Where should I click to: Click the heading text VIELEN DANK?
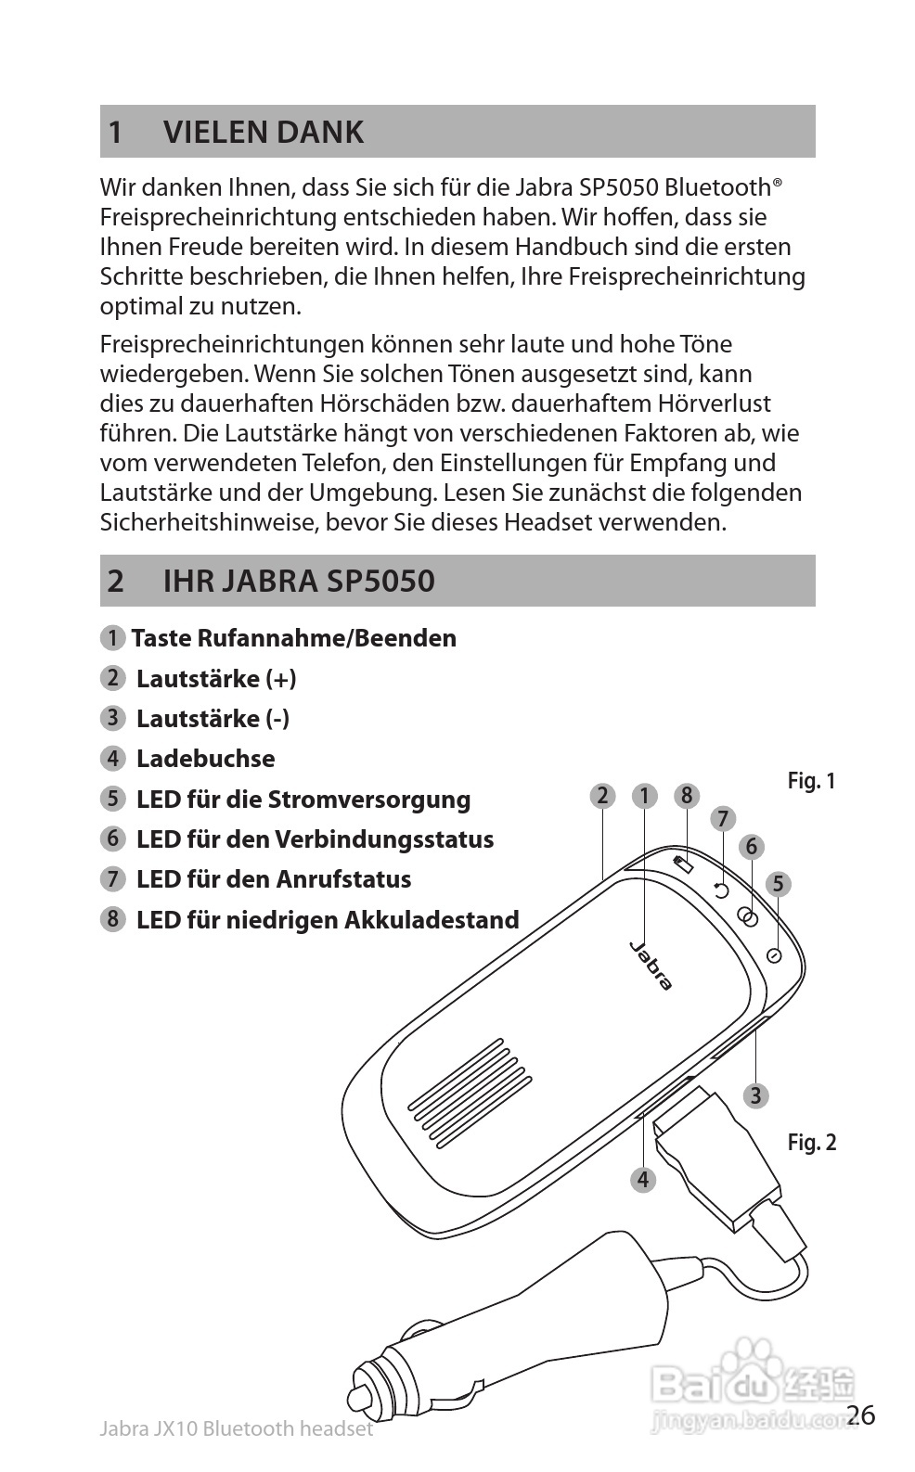(264, 132)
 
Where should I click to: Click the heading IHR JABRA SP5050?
(299, 581)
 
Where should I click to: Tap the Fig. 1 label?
(811, 781)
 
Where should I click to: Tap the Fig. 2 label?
(811, 1142)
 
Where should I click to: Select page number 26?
(861, 1414)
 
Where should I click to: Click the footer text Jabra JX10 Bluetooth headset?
(236, 1428)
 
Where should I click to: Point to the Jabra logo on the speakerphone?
(651, 966)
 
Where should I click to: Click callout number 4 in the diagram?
(642, 1180)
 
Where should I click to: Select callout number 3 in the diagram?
(755, 1095)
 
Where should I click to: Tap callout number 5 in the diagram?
(778, 884)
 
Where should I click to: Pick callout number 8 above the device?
(686, 795)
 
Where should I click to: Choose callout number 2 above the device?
(602, 795)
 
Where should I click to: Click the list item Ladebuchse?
(205, 759)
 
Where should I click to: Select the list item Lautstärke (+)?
(216, 679)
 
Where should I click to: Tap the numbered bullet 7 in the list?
(112, 878)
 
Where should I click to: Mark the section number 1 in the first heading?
(115, 132)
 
